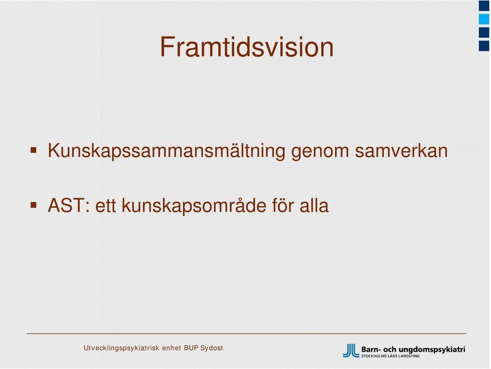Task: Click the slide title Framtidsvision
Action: point(247,47)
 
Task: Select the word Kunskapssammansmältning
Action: point(166,151)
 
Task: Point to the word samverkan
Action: point(401,151)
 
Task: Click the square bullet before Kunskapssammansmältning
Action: point(34,150)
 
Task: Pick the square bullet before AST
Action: point(34,205)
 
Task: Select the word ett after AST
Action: point(105,207)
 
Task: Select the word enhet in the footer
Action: point(172,348)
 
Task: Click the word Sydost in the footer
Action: point(212,348)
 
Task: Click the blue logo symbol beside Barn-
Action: point(351,351)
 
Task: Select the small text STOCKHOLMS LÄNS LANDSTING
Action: point(390,356)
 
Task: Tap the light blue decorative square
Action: point(484,19)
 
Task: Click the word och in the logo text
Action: point(390,349)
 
